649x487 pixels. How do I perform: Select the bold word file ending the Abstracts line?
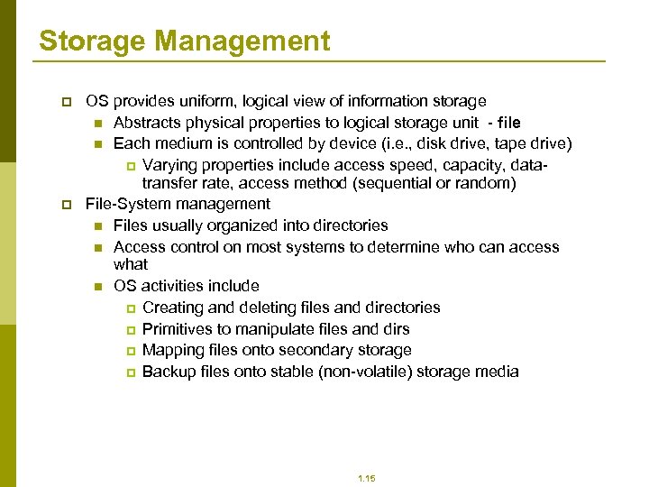(x=507, y=123)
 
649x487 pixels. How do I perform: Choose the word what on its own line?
(x=131, y=264)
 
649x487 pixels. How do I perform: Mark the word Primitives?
(x=180, y=329)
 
